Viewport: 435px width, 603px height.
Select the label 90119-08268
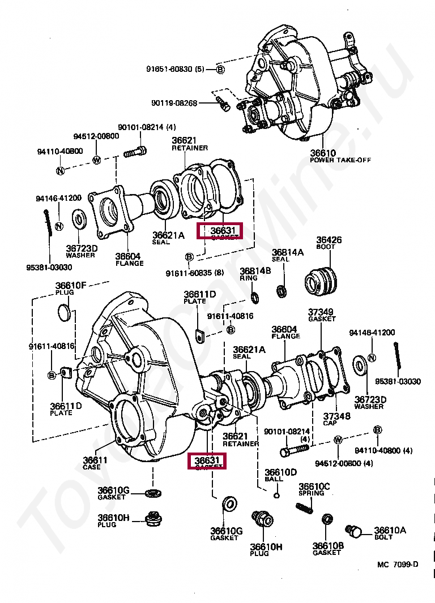pyautogui.click(x=174, y=103)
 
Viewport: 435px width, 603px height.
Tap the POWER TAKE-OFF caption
pyautogui.click(x=340, y=160)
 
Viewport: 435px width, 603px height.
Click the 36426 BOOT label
pyautogui.click(x=329, y=244)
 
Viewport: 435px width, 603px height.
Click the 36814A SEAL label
pyautogui.click(x=288, y=255)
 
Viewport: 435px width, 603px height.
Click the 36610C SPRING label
pyautogui.click(x=314, y=489)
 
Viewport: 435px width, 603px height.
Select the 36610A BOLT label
pyautogui.click(x=390, y=533)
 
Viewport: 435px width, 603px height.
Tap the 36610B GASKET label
pyautogui.click(x=328, y=549)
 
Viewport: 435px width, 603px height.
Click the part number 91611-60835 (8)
pyautogui.click(x=195, y=273)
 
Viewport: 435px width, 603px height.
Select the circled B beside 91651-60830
pyautogui.click(x=220, y=70)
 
